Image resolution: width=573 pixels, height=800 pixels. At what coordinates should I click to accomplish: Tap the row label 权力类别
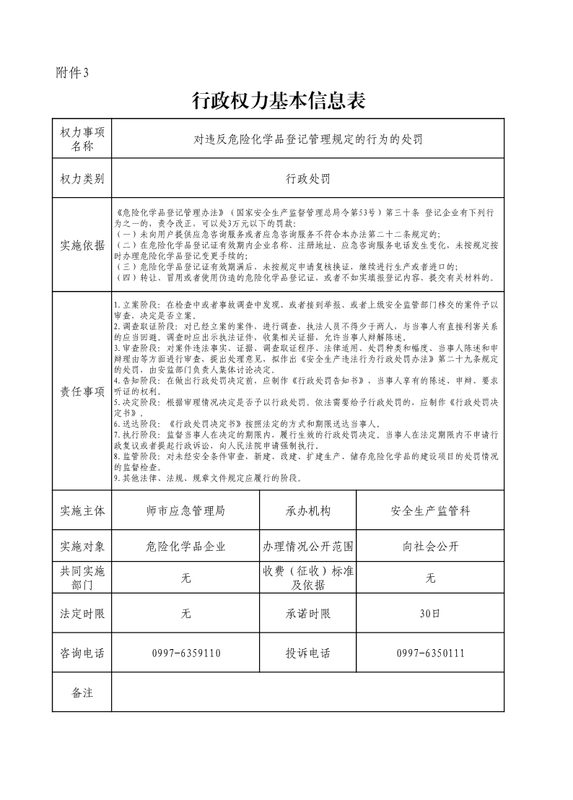point(83,178)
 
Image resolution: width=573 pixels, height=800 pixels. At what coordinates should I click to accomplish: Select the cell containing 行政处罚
point(308,178)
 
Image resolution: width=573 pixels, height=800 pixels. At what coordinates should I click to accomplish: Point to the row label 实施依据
point(83,245)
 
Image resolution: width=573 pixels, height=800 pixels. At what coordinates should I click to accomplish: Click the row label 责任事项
point(83,391)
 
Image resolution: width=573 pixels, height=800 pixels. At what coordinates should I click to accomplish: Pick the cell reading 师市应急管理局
point(185,510)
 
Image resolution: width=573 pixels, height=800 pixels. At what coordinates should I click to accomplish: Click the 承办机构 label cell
point(308,510)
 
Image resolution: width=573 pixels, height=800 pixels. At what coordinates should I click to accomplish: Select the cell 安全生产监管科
point(430,510)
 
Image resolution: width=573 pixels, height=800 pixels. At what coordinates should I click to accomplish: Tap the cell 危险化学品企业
point(185,546)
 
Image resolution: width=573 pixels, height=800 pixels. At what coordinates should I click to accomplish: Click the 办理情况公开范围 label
point(308,546)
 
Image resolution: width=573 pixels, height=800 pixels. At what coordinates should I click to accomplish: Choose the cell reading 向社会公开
point(430,546)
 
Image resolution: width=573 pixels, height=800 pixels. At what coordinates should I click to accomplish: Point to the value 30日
point(430,614)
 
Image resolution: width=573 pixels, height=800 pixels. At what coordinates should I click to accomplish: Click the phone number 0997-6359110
point(186,653)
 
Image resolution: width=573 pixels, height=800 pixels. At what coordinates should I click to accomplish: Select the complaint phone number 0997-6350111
point(430,653)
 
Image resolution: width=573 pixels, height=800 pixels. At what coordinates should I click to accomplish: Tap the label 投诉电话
point(308,653)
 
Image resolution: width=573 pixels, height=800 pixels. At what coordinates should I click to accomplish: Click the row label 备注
point(83,692)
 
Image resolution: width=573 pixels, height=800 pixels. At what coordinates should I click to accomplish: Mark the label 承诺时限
point(308,614)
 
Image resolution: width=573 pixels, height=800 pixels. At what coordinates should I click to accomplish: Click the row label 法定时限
point(83,614)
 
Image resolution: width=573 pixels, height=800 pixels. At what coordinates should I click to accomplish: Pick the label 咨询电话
point(83,653)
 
